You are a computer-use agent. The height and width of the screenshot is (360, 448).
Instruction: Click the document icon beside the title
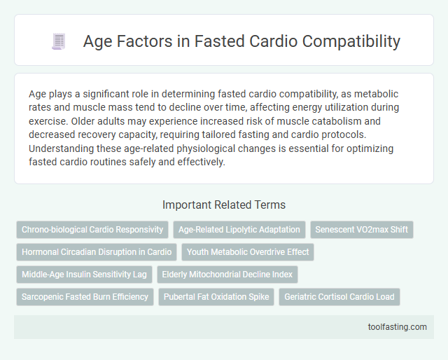coord(59,41)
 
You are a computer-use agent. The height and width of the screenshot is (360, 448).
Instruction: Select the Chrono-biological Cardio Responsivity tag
coord(92,229)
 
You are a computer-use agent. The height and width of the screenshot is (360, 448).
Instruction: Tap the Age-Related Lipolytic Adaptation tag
coord(239,229)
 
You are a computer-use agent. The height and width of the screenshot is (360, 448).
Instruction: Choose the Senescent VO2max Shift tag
coord(361,229)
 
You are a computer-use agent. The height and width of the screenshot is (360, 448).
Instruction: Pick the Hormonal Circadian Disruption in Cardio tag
coord(97,251)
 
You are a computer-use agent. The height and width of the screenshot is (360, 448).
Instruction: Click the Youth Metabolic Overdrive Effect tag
coord(248,251)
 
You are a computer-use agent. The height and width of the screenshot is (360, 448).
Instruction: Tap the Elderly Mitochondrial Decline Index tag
coord(227,274)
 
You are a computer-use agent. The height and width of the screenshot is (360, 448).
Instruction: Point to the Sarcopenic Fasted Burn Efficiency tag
coord(85,296)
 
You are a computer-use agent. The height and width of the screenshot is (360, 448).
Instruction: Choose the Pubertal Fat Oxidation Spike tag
coord(216,296)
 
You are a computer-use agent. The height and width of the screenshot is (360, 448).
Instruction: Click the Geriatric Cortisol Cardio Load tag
coord(339,296)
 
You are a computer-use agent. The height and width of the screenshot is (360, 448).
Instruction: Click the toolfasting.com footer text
coord(397,327)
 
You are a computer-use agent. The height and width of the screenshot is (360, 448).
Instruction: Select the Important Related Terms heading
coord(224,205)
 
